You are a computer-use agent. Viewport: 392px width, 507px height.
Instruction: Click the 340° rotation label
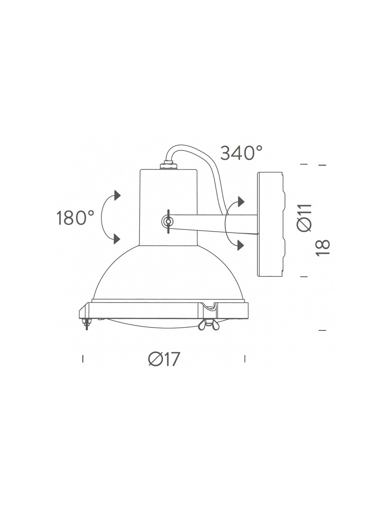point(241,153)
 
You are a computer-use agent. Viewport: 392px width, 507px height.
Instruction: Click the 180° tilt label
point(75,217)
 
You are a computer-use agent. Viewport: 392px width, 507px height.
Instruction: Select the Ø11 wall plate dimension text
point(304,218)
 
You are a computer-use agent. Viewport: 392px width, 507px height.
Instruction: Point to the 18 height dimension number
point(323,248)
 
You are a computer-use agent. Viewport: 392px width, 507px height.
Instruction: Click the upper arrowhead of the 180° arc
point(117,195)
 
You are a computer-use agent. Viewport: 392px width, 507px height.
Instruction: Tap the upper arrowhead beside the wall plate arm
point(241,201)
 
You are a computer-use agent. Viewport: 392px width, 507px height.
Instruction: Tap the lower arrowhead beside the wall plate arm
point(241,245)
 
